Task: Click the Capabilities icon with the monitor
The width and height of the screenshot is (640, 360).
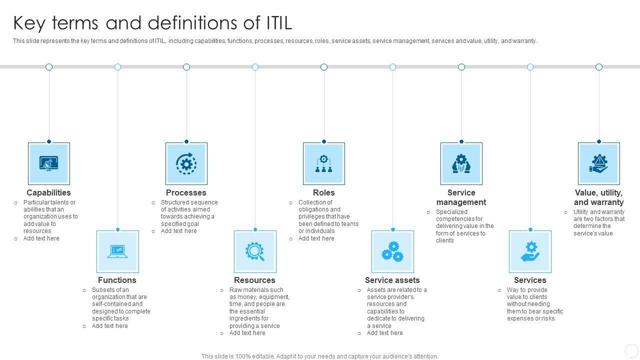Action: (x=48, y=163)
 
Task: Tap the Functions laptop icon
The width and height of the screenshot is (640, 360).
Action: (x=117, y=251)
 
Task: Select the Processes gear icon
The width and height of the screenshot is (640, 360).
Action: (x=186, y=163)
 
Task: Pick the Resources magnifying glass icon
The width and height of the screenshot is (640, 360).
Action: (x=255, y=251)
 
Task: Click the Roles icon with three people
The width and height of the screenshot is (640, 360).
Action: (x=323, y=163)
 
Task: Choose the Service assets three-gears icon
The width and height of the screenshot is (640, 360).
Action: (x=392, y=251)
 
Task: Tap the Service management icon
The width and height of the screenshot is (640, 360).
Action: (x=461, y=163)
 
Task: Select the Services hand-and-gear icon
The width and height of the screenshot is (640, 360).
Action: (x=530, y=251)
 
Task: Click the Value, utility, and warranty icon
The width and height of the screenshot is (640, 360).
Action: (x=598, y=163)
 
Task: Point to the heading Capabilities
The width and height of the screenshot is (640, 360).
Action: (x=48, y=192)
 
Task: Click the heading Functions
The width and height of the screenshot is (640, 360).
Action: (x=117, y=280)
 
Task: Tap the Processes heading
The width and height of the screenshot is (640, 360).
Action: (x=186, y=192)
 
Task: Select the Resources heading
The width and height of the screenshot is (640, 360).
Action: (x=254, y=280)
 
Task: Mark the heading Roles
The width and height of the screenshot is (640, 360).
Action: (x=323, y=192)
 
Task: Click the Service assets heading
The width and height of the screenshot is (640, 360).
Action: (x=392, y=280)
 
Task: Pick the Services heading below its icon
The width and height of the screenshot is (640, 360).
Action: (x=529, y=280)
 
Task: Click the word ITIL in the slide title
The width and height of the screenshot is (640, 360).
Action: (x=277, y=23)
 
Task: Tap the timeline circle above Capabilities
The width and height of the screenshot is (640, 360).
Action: (x=49, y=67)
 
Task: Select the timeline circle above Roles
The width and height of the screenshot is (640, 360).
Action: (x=324, y=67)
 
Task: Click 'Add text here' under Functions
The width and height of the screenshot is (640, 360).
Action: (x=109, y=326)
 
